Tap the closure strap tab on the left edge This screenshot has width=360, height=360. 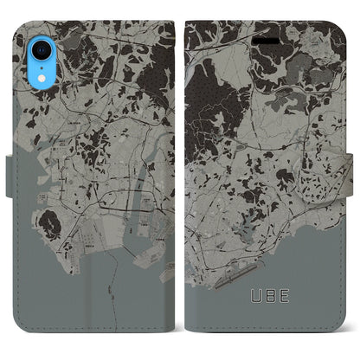(6, 208)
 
